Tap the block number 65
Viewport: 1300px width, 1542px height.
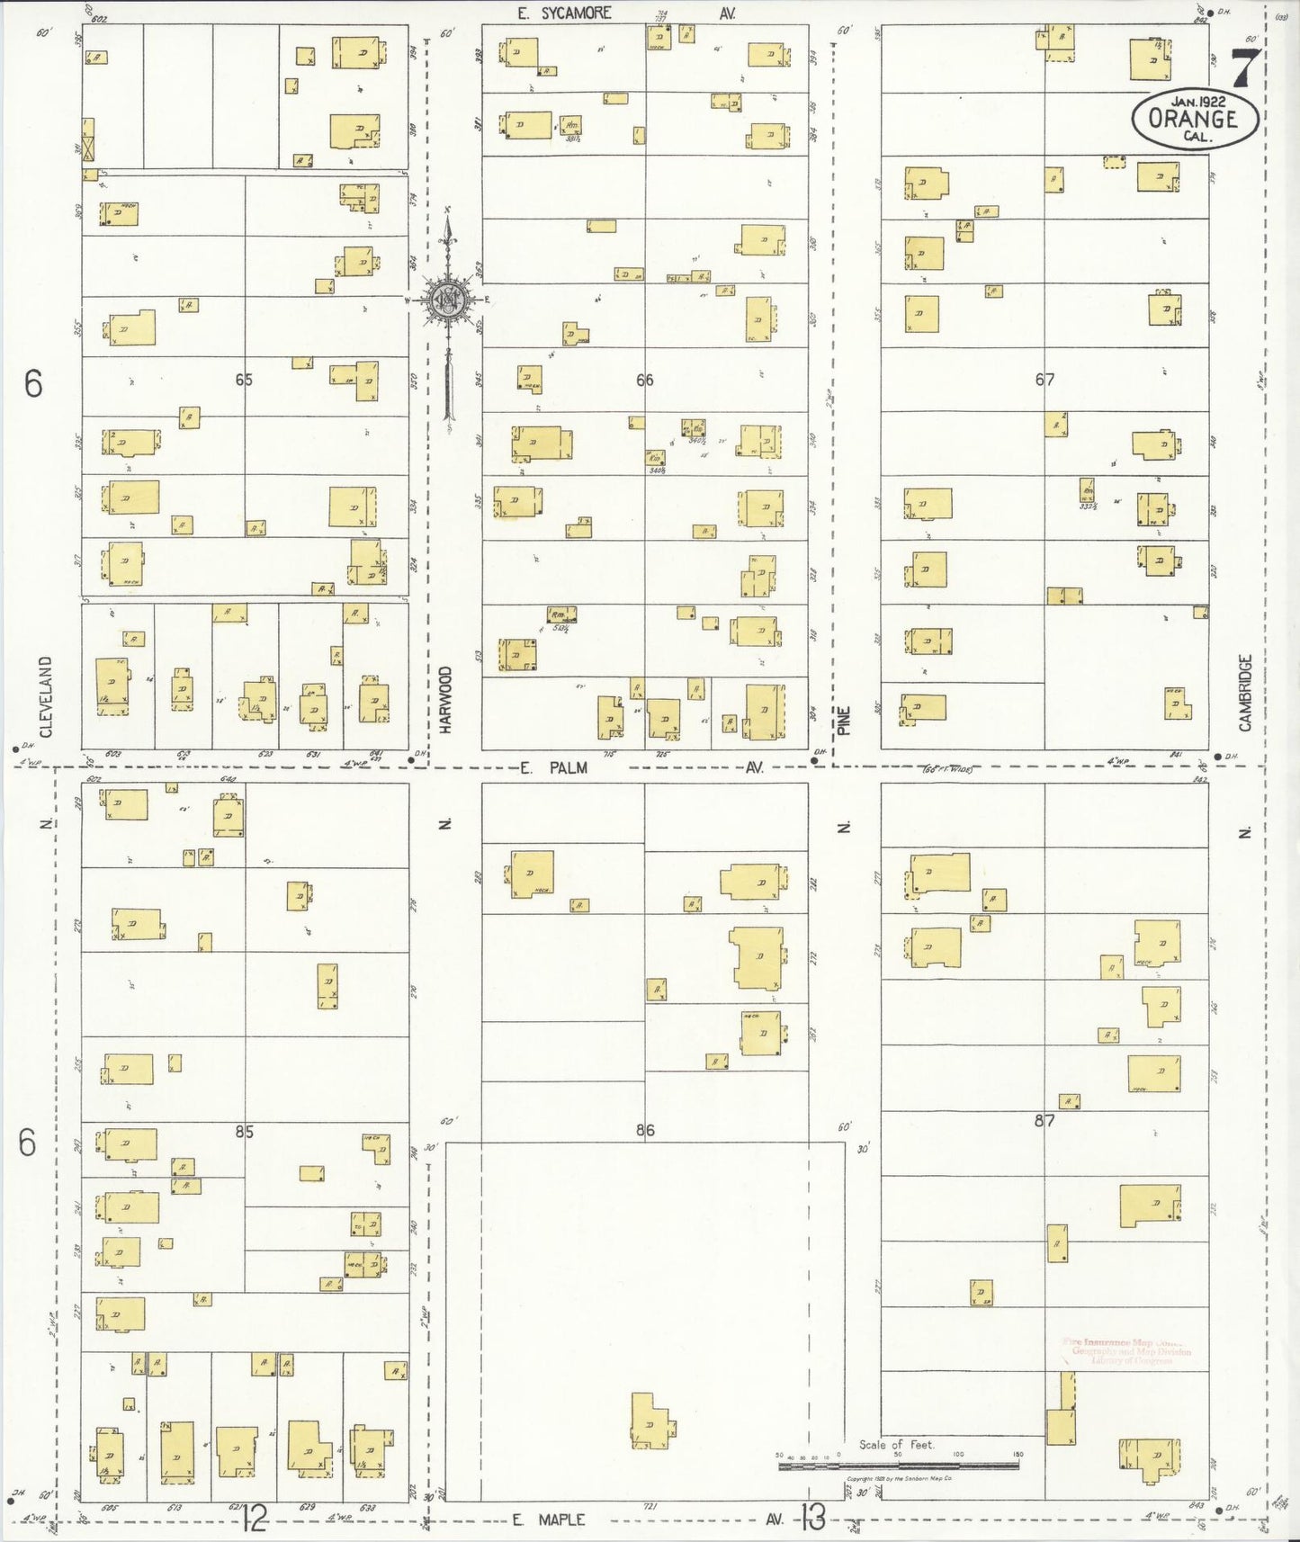(244, 380)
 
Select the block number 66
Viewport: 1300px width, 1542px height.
(644, 380)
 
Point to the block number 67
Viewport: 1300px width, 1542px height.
(1044, 380)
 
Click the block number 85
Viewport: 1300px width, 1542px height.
(244, 1131)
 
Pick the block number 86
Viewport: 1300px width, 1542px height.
(644, 1130)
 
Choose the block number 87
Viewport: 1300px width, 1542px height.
(1044, 1121)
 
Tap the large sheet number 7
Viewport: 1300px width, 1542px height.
(1244, 65)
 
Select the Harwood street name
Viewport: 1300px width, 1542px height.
(445, 700)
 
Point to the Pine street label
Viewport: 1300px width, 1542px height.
(844, 721)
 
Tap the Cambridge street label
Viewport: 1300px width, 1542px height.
(1245, 692)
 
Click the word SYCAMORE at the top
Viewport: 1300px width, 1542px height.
(576, 13)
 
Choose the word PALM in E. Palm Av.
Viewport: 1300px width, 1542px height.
(567, 767)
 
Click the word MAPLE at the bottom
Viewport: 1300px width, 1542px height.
(560, 1520)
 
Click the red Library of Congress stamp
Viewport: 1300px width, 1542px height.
(1126, 1351)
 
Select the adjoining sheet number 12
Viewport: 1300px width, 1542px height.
(255, 1520)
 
